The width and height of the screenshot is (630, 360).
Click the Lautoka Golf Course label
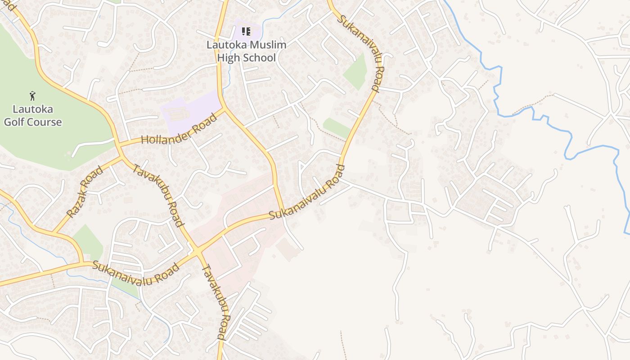point(32,115)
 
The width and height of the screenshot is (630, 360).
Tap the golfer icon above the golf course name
point(32,95)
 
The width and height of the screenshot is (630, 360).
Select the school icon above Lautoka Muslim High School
point(246,31)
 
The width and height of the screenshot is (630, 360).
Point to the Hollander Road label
point(179,129)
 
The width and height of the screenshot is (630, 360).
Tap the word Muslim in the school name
point(265,45)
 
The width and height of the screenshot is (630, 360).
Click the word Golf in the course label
point(14,122)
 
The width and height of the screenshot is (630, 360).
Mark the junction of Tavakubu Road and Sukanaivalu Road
point(198,252)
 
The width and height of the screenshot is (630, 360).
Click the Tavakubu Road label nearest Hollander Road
point(160,195)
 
